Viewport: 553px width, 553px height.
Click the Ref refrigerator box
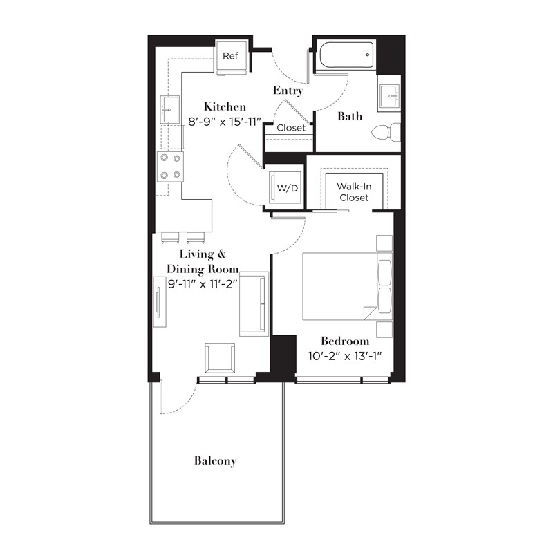[x=230, y=55]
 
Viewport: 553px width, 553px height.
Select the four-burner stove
[x=169, y=166]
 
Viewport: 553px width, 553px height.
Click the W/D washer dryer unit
[x=285, y=187]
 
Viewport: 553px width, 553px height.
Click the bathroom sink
[x=389, y=96]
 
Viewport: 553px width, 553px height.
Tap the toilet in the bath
[x=387, y=131]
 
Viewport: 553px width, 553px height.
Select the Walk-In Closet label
[x=353, y=191]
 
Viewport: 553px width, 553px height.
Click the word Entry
[x=288, y=91]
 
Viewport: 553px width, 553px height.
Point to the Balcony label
[x=215, y=460]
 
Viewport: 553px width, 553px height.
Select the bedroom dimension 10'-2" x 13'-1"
[x=344, y=357]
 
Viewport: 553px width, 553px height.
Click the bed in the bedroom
[x=339, y=286]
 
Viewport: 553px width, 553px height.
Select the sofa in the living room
[x=253, y=304]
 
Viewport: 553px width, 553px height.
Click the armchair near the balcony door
[x=220, y=358]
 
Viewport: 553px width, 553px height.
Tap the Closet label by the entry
[x=291, y=128]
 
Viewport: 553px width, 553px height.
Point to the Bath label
[x=350, y=116]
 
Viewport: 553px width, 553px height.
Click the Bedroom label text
[x=344, y=341]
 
